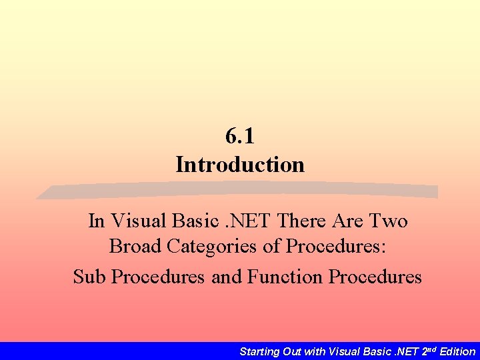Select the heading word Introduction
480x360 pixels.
[240, 164]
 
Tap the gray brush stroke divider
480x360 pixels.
[237, 191]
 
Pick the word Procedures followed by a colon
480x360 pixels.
[336, 247]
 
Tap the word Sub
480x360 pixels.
[89, 276]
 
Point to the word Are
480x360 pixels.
[347, 221]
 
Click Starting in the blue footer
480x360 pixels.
[261, 351]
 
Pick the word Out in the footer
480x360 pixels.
[294, 351]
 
